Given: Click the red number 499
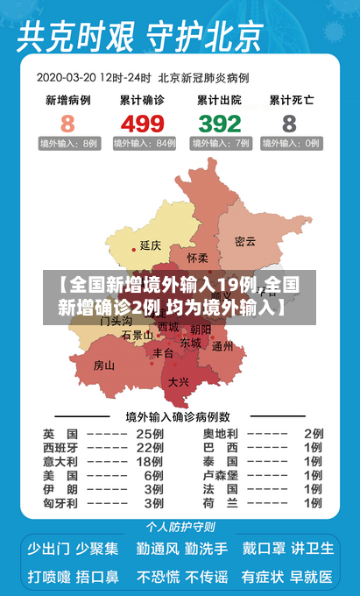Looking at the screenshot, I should (x=143, y=124).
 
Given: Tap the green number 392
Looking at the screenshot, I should (x=219, y=124).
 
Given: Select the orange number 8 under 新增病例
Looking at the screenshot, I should (x=67, y=124).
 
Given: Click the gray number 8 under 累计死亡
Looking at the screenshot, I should (x=289, y=124).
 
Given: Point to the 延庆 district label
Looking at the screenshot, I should (x=151, y=245).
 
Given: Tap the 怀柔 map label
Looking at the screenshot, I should (x=198, y=259).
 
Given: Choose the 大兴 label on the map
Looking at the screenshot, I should (x=178, y=381).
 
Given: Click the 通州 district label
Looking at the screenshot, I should (x=222, y=345).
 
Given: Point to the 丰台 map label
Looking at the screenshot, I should (x=163, y=353).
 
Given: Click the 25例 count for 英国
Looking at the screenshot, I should (x=150, y=434).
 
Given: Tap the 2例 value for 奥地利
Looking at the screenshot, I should (x=314, y=434).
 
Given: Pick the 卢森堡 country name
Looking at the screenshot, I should (x=221, y=476).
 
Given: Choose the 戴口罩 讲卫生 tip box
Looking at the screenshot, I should (x=288, y=549).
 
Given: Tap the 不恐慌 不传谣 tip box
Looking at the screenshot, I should (x=181, y=577).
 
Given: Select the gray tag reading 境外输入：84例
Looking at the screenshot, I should (x=143, y=143).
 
